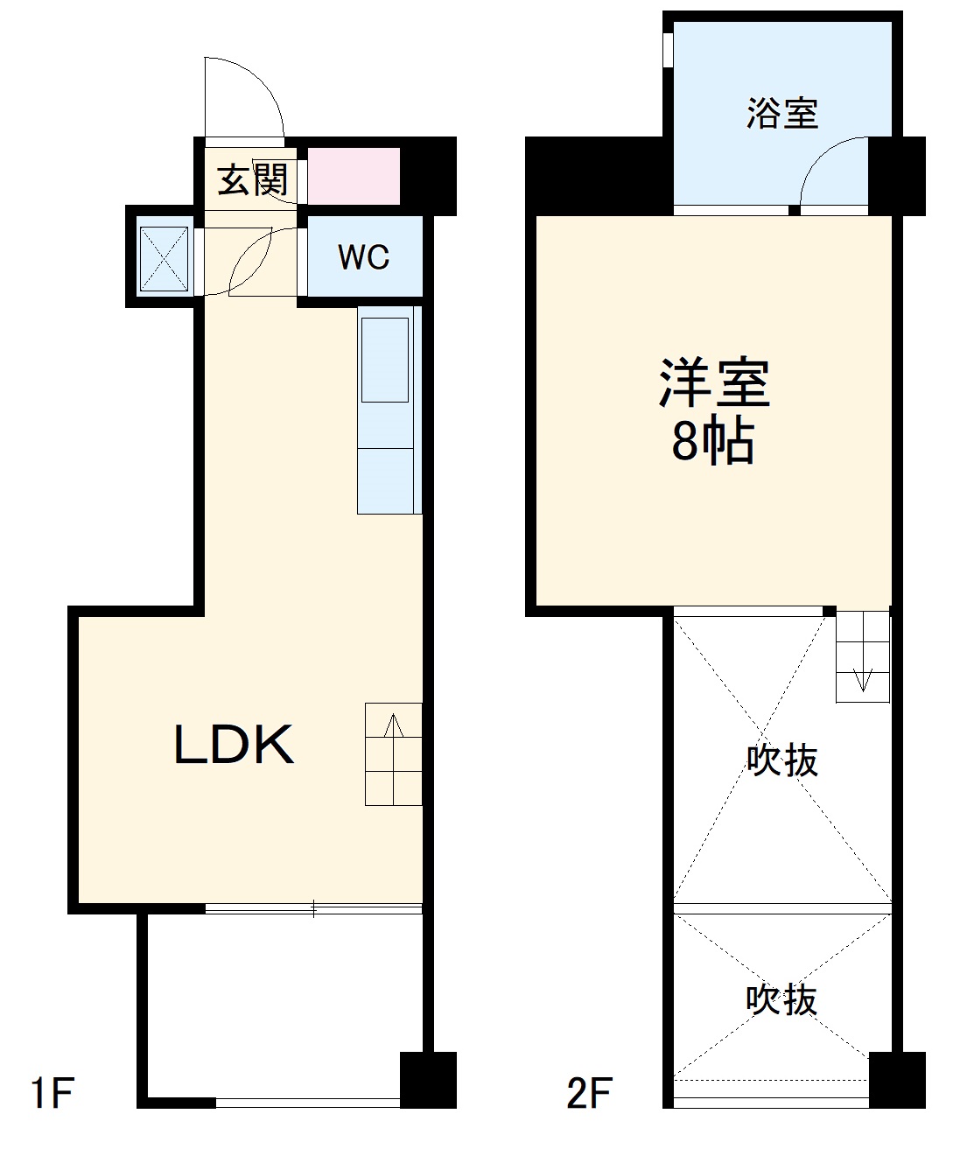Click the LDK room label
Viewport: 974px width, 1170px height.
[234, 746]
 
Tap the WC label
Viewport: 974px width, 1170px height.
[363, 257]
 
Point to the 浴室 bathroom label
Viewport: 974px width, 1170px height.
[781, 114]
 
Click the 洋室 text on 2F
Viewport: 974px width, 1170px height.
[714, 383]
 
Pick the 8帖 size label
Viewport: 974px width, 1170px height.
[712, 443]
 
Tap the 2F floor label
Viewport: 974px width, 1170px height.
[589, 1093]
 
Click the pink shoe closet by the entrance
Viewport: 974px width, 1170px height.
[354, 177]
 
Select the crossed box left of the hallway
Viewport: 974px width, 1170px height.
[165, 258]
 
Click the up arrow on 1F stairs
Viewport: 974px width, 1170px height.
[394, 726]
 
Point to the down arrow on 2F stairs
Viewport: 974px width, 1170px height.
[863, 678]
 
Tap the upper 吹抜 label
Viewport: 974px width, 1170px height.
[781, 760]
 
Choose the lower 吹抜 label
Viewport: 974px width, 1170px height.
[781, 999]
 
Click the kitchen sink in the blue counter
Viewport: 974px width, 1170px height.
[385, 360]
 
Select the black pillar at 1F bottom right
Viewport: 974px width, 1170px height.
[428, 1079]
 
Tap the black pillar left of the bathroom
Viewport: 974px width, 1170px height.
[599, 175]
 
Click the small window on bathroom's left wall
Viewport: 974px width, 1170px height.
[668, 49]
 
